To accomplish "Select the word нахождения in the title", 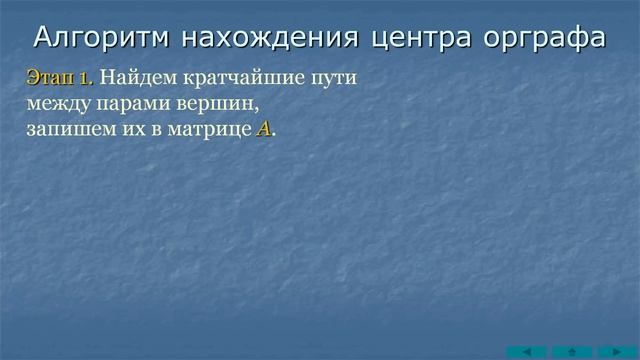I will click(259, 37).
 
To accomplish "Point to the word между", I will click(56, 103).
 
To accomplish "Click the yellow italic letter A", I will click(263, 129).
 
